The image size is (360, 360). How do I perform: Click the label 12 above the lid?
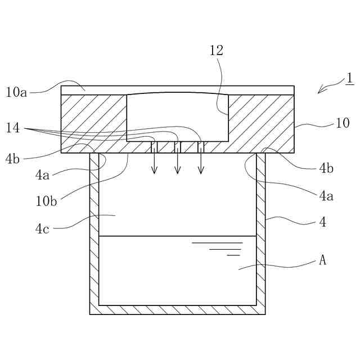[x=217, y=51]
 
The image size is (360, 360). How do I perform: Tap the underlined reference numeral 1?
[x=350, y=78]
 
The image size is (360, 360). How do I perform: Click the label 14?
[x=13, y=128]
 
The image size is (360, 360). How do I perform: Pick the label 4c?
[x=43, y=228]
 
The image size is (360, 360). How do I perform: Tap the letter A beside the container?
[x=323, y=260]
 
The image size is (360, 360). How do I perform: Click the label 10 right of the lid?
[x=342, y=123]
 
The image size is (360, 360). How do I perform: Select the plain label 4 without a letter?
[x=323, y=222]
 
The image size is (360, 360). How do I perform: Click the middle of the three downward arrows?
[x=178, y=163]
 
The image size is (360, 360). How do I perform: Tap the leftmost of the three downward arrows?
[x=155, y=163]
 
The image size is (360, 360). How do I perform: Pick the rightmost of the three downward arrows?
[x=201, y=163]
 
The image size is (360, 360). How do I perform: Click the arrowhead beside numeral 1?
[x=321, y=91]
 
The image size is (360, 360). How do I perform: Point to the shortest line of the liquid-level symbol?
[x=233, y=255]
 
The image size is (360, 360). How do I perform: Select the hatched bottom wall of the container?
[x=177, y=310]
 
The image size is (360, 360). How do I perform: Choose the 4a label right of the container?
[x=326, y=196]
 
